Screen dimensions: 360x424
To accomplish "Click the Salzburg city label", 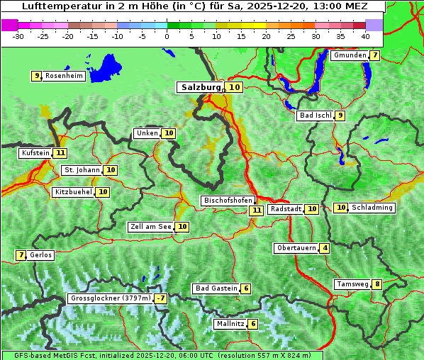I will (201, 87).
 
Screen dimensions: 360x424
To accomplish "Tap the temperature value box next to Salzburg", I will (235, 87).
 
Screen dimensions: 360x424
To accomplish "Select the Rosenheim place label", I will (64, 76).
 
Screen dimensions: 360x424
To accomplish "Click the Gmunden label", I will (350, 55).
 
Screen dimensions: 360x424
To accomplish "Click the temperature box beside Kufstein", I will (60, 152).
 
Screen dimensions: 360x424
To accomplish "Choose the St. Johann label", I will (81, 170).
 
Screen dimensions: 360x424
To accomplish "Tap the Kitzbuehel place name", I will (73, 192).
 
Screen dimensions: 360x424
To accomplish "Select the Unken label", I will (147, 133).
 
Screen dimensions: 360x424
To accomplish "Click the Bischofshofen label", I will (228, 201).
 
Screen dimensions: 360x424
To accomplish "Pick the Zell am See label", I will (151, 227).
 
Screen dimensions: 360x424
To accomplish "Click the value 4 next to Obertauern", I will (325, 248).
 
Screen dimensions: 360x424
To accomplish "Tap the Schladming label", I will (372, 208).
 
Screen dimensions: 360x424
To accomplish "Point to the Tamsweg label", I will (352, 284).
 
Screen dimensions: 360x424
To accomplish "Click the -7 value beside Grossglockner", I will (162, 298).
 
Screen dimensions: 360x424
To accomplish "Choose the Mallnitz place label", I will (230, 324).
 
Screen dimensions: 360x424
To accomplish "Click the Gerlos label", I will (40, 255).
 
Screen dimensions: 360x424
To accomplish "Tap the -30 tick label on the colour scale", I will (18, 36).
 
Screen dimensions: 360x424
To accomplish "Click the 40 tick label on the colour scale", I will (365, 36).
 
